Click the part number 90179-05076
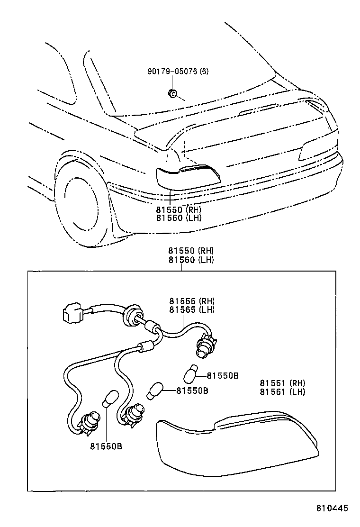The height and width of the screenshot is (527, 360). (x=172, y=72)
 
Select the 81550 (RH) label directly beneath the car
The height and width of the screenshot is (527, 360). (x=179, y=209)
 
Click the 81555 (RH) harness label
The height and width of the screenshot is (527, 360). (x=192, y=301)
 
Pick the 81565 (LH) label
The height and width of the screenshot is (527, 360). (x=192, y=309)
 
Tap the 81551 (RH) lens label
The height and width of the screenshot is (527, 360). (x=282, y=383)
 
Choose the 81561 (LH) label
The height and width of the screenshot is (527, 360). (x=282, y=391)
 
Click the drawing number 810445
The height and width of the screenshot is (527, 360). (x=332, y=508)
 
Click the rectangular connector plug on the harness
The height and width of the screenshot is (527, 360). (x=70, y=313)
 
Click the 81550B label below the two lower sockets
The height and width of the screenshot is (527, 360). (x=106, y=446)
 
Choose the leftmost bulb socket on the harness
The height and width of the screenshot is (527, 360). (x=90, y=421)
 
